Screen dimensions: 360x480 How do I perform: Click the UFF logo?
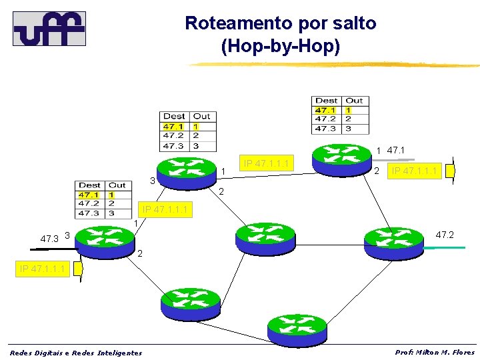49,29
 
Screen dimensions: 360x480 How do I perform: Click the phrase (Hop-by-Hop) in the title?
280,47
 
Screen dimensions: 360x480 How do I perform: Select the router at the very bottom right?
297,327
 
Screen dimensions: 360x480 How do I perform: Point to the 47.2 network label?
445,235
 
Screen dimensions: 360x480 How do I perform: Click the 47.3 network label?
49,238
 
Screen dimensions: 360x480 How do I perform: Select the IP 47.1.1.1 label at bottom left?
43,269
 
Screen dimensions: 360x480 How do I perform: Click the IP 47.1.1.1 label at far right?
415,171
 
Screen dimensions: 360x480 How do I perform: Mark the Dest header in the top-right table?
327,101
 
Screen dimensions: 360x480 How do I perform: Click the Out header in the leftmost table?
117,185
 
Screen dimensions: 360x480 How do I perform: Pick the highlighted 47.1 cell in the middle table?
174,126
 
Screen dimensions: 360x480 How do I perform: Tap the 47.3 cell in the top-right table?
326,128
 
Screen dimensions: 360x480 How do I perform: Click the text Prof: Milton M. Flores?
435,352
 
